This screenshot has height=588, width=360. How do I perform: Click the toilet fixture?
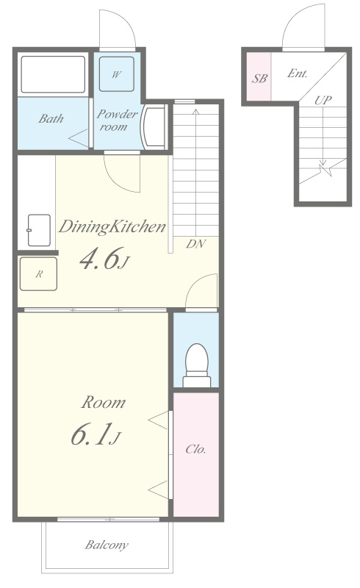click(x=197, y=365)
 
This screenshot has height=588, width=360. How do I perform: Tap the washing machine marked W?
click(x=117, y=74)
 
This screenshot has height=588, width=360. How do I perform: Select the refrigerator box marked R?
click(x=39, y=273)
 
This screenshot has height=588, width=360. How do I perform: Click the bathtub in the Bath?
click(x=53, y=74)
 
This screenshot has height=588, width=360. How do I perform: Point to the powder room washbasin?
click(x=154, y=127)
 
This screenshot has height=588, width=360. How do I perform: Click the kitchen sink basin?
click(x=39, y=230)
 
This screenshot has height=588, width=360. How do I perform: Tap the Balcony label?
click(x=107, y=545)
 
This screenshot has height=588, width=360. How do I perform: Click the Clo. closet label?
click(x=195, y=449)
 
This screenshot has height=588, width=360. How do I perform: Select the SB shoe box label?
click(x=259, y=79)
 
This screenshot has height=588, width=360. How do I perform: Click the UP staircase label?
click(x=323, y=100)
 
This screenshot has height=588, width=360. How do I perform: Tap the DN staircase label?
click(x=195, y=244)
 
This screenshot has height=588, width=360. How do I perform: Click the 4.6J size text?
click(x=104, y=259)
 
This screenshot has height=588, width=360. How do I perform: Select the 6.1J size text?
click(x=96, y=434)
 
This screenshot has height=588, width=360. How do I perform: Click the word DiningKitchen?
click(x=112, y=227)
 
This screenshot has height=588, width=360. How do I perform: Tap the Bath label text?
click(x=51, y=119)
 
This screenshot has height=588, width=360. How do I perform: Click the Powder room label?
click(x=117, y=120)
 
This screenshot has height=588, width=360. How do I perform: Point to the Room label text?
click(x=104, y=402)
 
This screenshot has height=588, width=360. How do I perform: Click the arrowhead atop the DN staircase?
click(x=195, y=111)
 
